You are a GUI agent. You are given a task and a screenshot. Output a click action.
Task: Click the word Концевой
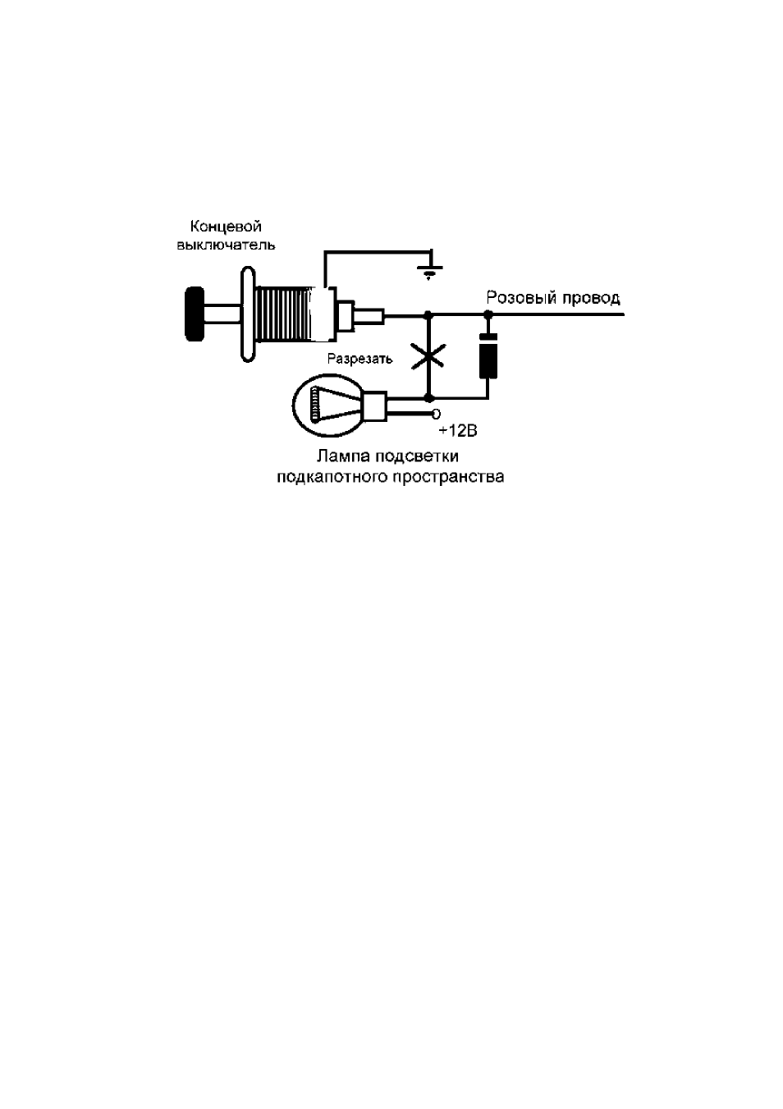click(x=226, y=227)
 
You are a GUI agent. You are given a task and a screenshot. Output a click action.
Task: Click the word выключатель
click(x=226, y=245)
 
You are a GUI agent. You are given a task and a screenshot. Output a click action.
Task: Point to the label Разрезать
click(x=359, y=359)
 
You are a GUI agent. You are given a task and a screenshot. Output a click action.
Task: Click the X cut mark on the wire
click(x=428, y=356)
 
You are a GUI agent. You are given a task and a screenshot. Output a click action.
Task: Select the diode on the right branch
click(x=488, y=356)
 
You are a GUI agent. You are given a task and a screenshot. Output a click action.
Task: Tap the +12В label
click(x=458, y=431)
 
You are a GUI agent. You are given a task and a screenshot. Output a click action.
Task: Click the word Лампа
click(x=344, y=456)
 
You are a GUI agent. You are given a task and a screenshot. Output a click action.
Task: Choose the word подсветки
click(x=417, y=456)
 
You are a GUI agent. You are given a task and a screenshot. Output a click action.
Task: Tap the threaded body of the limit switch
click(x=283, y=314)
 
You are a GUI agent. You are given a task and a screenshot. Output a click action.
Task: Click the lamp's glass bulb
click(x=328, y=406)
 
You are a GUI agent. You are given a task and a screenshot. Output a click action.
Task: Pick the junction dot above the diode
click(x=488, y=314)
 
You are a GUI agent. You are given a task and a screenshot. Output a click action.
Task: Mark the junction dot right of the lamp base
click(x=428, y=398)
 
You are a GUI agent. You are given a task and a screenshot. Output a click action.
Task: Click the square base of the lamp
click(x=374, y=406)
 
